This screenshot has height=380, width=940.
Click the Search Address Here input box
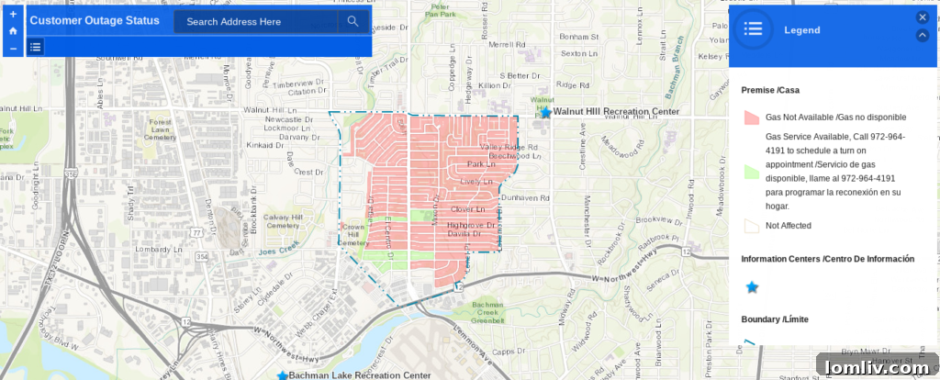point(255,22)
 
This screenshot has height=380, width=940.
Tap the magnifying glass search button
point(352,22)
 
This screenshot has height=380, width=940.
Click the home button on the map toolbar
point(13,30)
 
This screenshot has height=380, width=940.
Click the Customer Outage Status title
point(95,20)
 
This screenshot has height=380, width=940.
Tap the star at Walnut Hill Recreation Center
point(546,112)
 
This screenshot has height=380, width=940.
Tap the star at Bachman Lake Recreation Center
point(283,375)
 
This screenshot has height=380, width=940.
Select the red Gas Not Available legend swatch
point(751,117)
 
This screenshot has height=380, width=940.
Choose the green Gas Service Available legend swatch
point(751,172)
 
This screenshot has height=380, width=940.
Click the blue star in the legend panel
point(752,287)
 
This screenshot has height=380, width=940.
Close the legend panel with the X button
point(923,17)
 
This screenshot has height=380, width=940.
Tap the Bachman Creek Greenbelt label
point(487,312)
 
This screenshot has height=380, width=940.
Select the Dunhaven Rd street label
point(526,197)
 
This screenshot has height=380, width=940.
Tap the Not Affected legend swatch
point(751,225)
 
